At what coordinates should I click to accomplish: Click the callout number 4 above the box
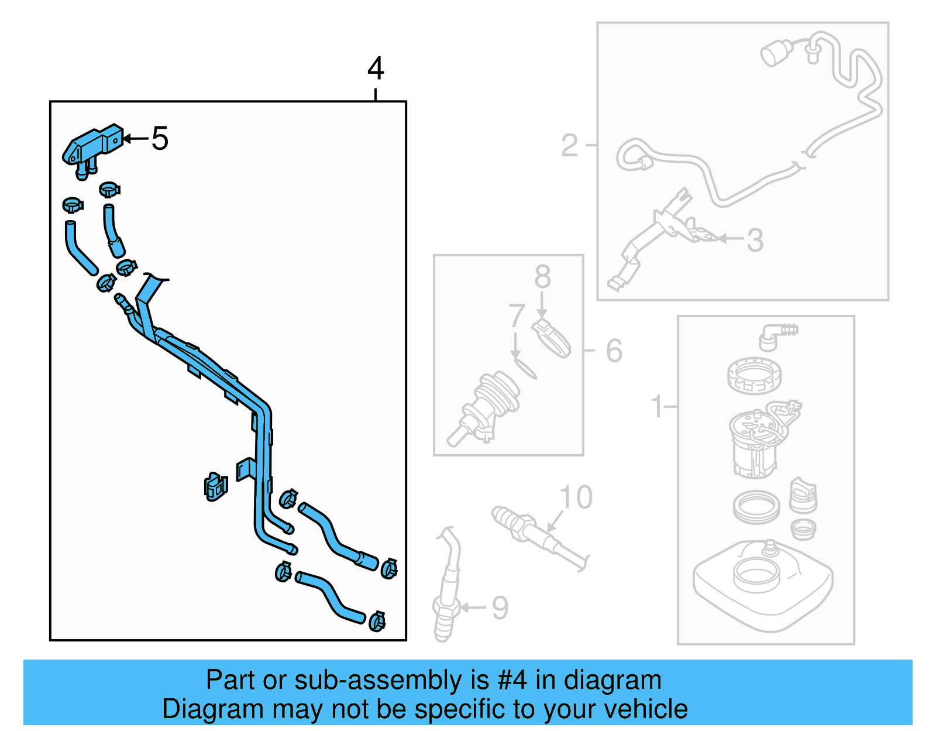[x=376, y=69]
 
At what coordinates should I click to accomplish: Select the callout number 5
[x=160, y=139]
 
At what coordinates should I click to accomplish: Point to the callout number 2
[x=569, y=145]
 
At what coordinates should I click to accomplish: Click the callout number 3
[x=755, y=240]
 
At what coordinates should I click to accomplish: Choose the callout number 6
[x=614, y=351]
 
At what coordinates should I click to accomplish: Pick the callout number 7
[x=516, y=317]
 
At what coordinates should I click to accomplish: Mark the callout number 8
[x=542, y=276]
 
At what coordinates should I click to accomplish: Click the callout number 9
[x=500, y=608]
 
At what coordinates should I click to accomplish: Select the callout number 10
[x=576, y=497]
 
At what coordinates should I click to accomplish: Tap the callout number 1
[x=657, y=406]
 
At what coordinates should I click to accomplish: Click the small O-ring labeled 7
[x=525, y=369]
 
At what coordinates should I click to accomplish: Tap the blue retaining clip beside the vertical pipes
[x=215, y=486]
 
